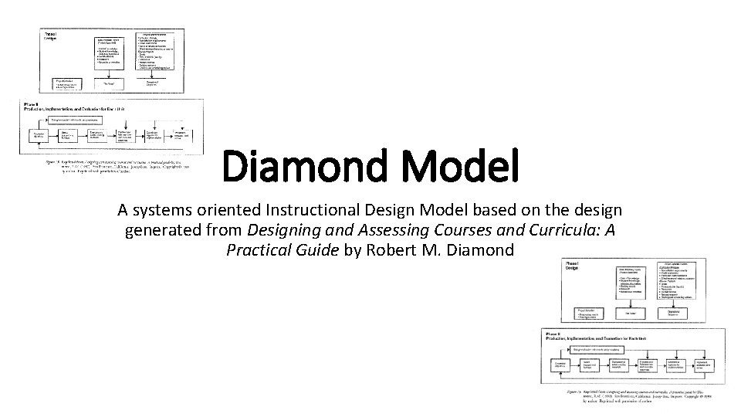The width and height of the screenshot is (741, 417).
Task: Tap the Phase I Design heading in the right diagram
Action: pos(572,266)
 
